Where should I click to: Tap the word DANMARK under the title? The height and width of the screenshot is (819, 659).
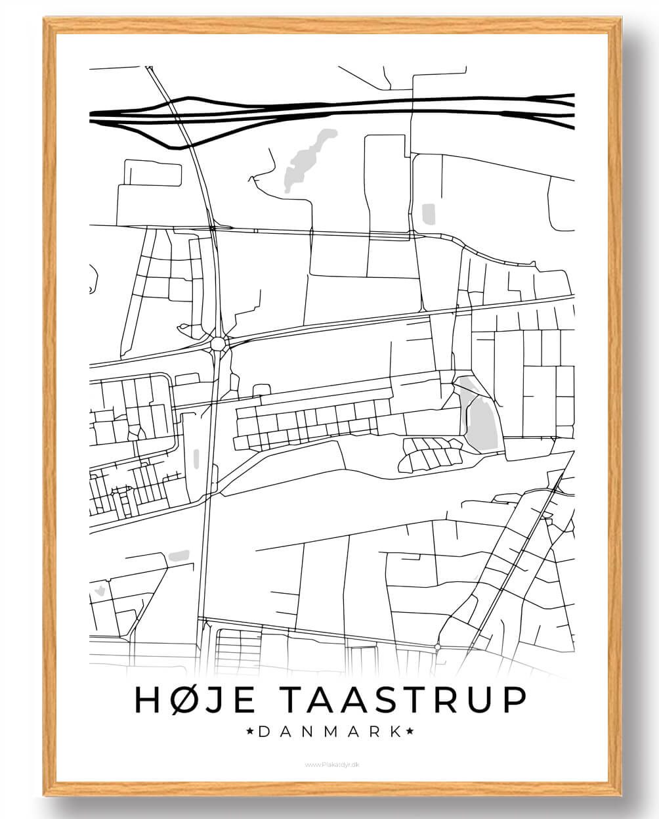(x=329, y=731)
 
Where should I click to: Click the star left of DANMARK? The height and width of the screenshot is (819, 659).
(x=249, y=731)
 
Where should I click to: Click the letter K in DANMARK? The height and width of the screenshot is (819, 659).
(x=396, y=731)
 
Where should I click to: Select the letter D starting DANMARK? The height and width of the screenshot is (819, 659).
(x=263, y=731)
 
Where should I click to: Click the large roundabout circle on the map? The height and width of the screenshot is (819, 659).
(x=218, y=343)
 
